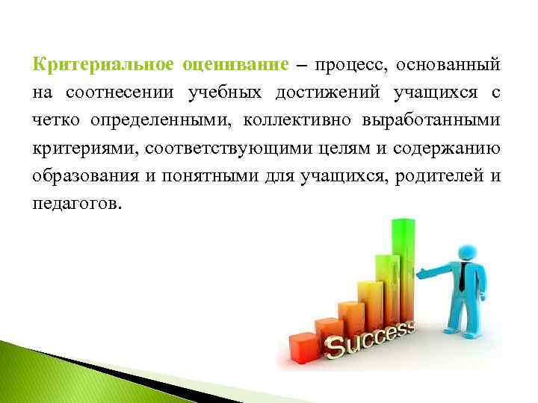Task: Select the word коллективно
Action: click(300, 120)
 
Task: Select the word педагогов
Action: click(75, 203)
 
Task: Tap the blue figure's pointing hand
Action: click(421, 273)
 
